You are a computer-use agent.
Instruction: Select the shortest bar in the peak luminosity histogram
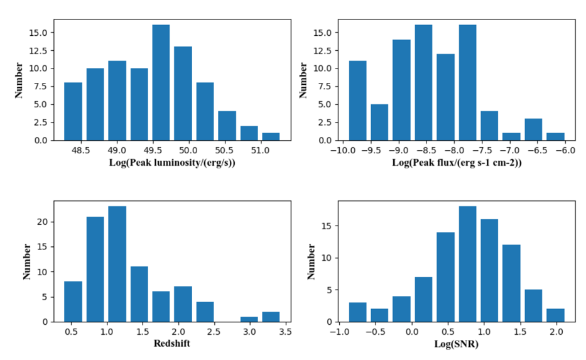tap(271, 136)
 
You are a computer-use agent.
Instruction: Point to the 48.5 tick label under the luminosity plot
tap(80, 151)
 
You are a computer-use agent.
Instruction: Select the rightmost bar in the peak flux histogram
tap(556, 136)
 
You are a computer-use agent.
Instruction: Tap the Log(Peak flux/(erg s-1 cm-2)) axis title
tap(457, 164)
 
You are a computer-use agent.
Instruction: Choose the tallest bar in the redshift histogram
tap(117, 264)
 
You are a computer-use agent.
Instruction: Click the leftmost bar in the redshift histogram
tap(73, 302)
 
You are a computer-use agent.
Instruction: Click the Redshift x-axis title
tap(172, 345)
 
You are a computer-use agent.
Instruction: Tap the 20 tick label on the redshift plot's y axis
tap(43, 222)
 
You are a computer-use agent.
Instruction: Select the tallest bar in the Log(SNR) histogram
tap(467, 264)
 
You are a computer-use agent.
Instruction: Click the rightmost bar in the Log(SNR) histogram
tap(556, 315)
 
